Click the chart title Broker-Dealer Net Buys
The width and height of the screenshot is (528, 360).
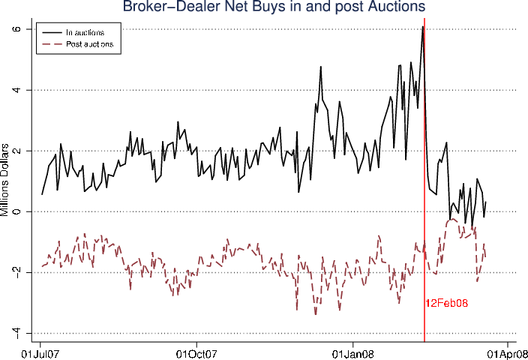264,7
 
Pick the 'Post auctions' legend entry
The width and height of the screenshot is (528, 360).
89,45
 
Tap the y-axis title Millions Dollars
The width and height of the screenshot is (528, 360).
7,180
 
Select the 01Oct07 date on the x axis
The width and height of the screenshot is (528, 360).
196,352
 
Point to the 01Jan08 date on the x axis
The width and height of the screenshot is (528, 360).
352,352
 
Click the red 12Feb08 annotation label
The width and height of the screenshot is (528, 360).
447,304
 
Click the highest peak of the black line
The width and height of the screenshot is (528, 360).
423,26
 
